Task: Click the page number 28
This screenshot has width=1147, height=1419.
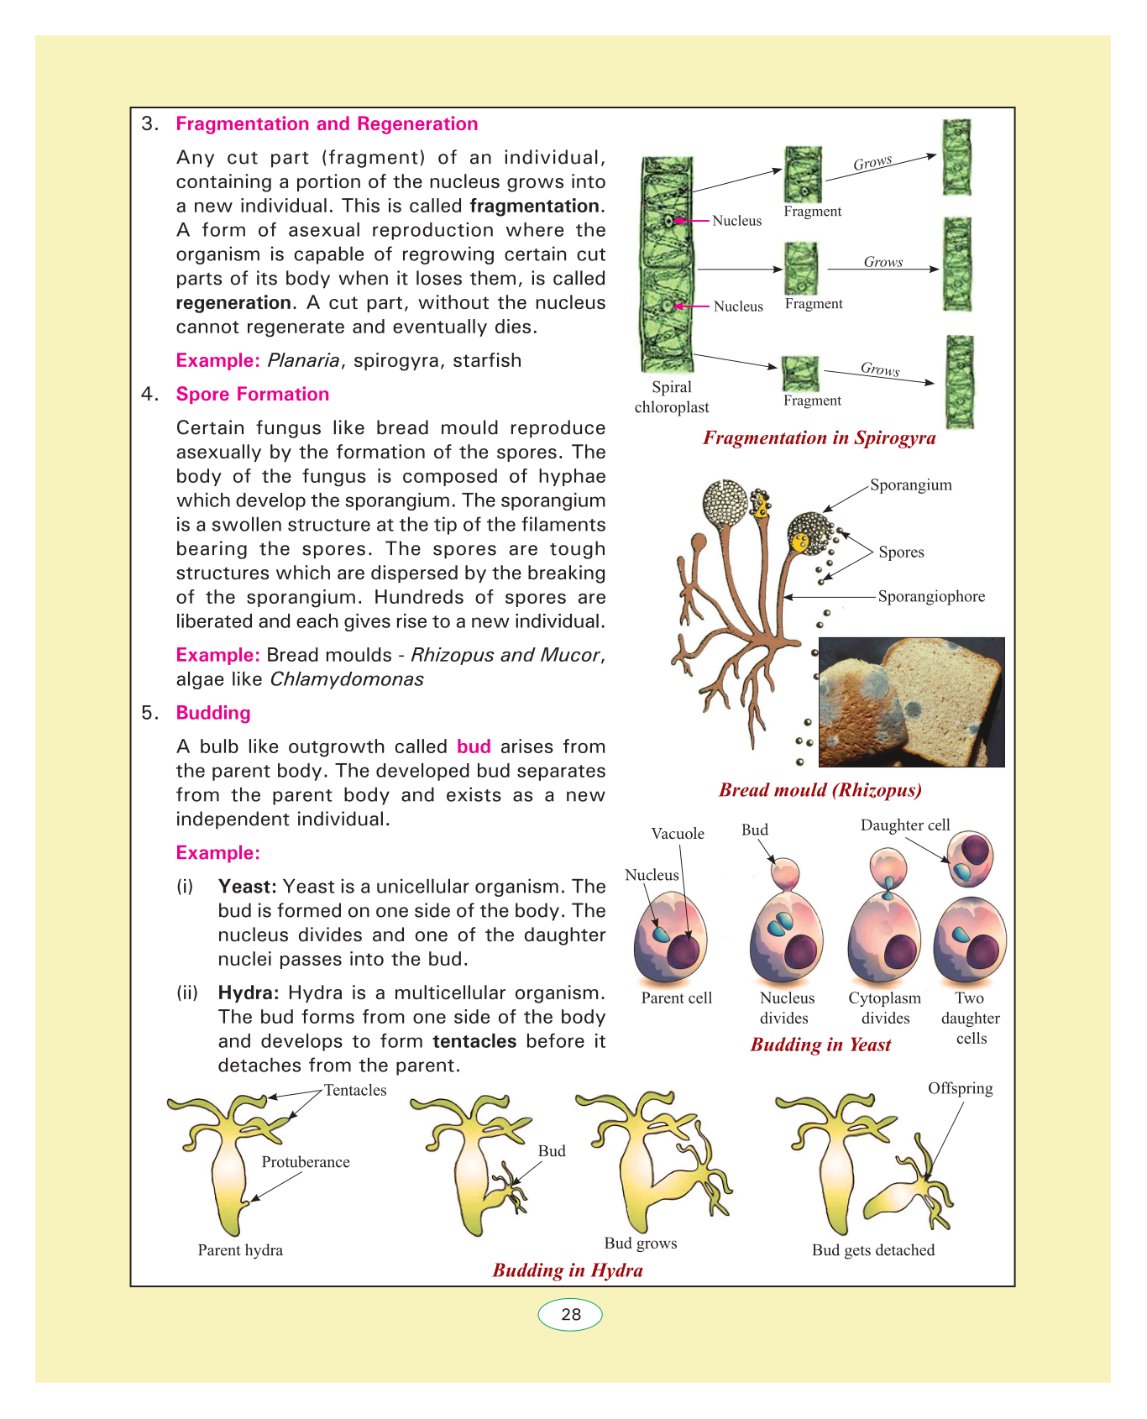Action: point(570,1314)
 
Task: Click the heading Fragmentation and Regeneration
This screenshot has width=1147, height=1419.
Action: point(327,124)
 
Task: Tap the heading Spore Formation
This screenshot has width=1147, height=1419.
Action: point(252,395)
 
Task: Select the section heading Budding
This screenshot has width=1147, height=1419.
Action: point(213,713)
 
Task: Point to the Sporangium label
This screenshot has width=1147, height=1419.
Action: point(910,485)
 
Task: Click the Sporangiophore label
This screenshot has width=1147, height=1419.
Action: point(931,597)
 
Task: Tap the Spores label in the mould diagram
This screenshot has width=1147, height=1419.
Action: point(901,552)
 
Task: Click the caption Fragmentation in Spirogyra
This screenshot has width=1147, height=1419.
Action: point(819,438)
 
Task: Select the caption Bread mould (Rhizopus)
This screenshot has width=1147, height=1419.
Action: point(820,790)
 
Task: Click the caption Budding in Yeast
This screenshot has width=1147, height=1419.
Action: point(820,1045)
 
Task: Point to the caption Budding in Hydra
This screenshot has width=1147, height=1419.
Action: point(568,1270)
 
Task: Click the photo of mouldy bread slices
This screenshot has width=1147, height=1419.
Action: point(911,702)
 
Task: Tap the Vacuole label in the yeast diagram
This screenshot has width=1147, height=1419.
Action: point(678,834)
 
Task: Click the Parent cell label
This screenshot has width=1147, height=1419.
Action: point(676,998)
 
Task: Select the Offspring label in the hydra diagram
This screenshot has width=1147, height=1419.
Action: point(960,1089)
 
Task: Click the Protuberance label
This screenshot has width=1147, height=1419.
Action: point(306,1162)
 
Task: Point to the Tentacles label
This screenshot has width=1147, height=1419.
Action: point(355,1091)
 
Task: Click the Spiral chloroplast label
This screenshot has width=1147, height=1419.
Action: point(672,397)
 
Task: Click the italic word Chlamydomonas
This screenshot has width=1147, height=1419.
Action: point(347,679)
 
